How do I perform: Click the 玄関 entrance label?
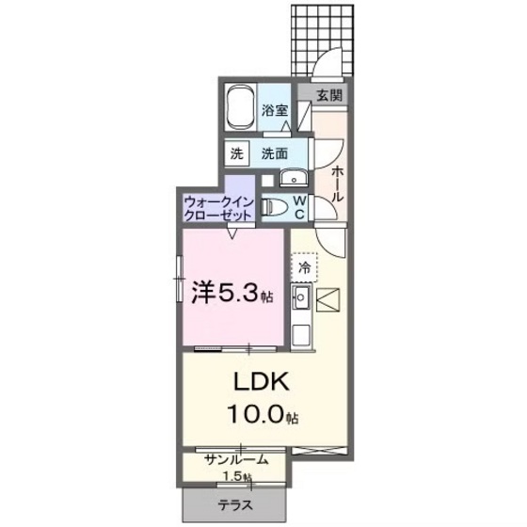(x=328, y=94)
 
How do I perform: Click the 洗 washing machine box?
(x=237, y=152)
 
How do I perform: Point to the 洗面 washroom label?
(x=275, y=152)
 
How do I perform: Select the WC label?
(x=297, y=205)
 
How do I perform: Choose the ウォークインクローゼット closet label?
(x=218, y=207)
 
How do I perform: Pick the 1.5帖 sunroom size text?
(x=239, y=475)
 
